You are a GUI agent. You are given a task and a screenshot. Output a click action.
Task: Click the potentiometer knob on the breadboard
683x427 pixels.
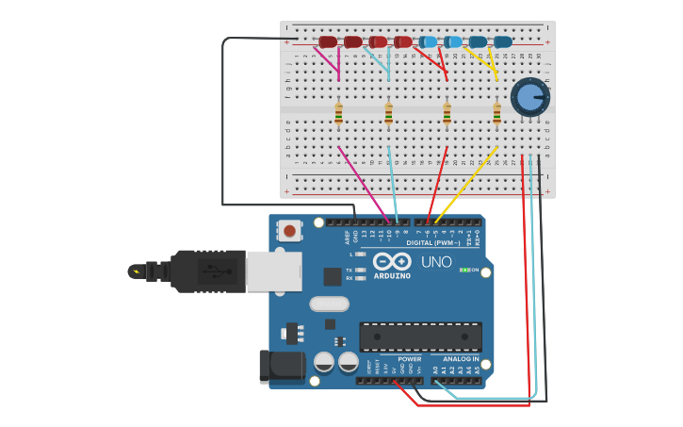coord(529,97)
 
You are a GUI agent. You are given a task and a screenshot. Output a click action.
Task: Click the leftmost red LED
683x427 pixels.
coord(327,41)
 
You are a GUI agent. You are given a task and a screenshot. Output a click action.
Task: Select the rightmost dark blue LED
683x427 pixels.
coord(502,41)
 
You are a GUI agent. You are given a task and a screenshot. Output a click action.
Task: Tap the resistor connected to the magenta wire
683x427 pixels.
coord(339,114)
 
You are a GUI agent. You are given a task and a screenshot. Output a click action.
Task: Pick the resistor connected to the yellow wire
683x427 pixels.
coord(496,114)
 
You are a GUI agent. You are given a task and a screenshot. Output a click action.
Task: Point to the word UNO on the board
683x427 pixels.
coord(435,262)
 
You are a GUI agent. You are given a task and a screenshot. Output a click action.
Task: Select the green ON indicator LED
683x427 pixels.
coord(463,271)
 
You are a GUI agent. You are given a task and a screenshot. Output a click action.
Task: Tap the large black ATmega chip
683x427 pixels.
coord(420,337)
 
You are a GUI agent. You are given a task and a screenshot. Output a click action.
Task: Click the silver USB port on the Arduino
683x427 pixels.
coord(273,271)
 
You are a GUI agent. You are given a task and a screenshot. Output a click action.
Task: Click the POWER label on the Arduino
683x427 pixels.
coord(410,359)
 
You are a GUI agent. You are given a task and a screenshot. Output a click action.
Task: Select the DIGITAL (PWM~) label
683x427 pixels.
coord(433,242)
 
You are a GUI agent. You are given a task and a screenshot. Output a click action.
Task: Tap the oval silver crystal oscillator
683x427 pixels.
coord(329,304)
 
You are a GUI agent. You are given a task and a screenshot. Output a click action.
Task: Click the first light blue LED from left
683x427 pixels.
coord(428,41)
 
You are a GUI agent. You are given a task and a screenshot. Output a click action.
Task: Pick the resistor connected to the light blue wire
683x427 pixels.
coord(388,114)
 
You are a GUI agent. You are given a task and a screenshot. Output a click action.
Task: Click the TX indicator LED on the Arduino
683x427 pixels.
coord(362,270)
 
